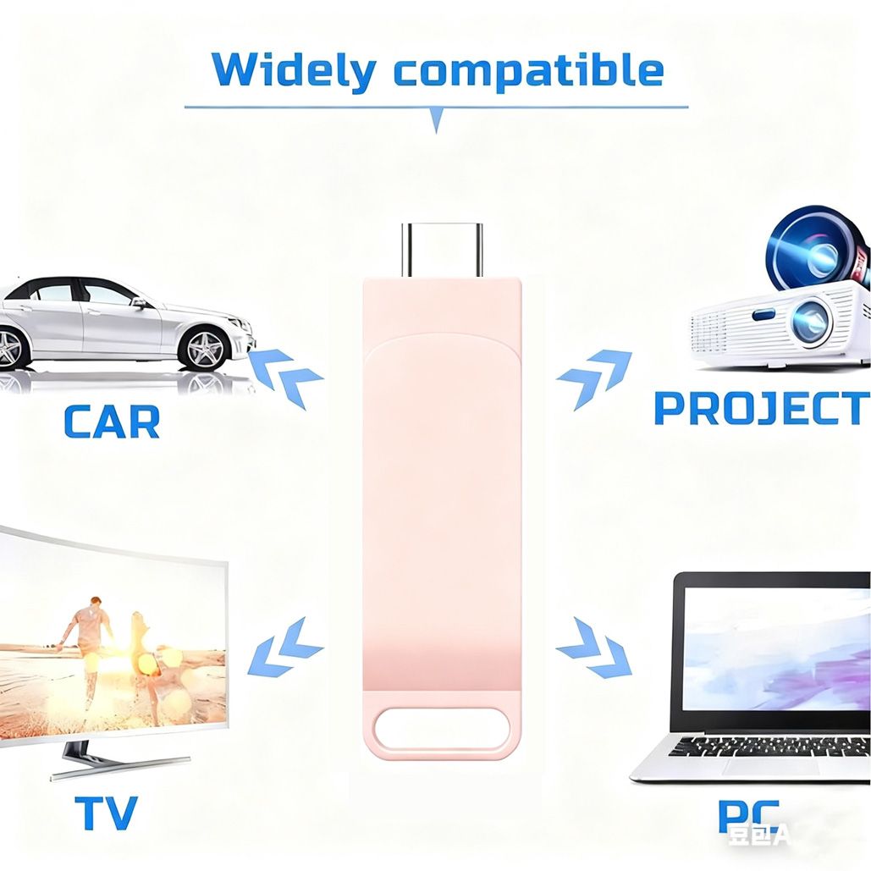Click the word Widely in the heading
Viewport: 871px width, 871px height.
(x=293, y=71)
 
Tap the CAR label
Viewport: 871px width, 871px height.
(x=112, y=422)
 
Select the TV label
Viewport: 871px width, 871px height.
(x=107, y=813)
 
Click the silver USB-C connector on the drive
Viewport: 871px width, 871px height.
(x=442, y=249)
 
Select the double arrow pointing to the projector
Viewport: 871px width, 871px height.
(x=594, y=378)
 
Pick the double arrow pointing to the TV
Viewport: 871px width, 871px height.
(x=286, y=647)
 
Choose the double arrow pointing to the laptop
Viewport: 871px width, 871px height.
(x=594, y=647)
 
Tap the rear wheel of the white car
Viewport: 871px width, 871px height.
(x=10, y=347)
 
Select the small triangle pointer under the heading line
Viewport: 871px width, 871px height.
(x=437, y=120)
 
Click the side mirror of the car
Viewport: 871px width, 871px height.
(x=138, y=301)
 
